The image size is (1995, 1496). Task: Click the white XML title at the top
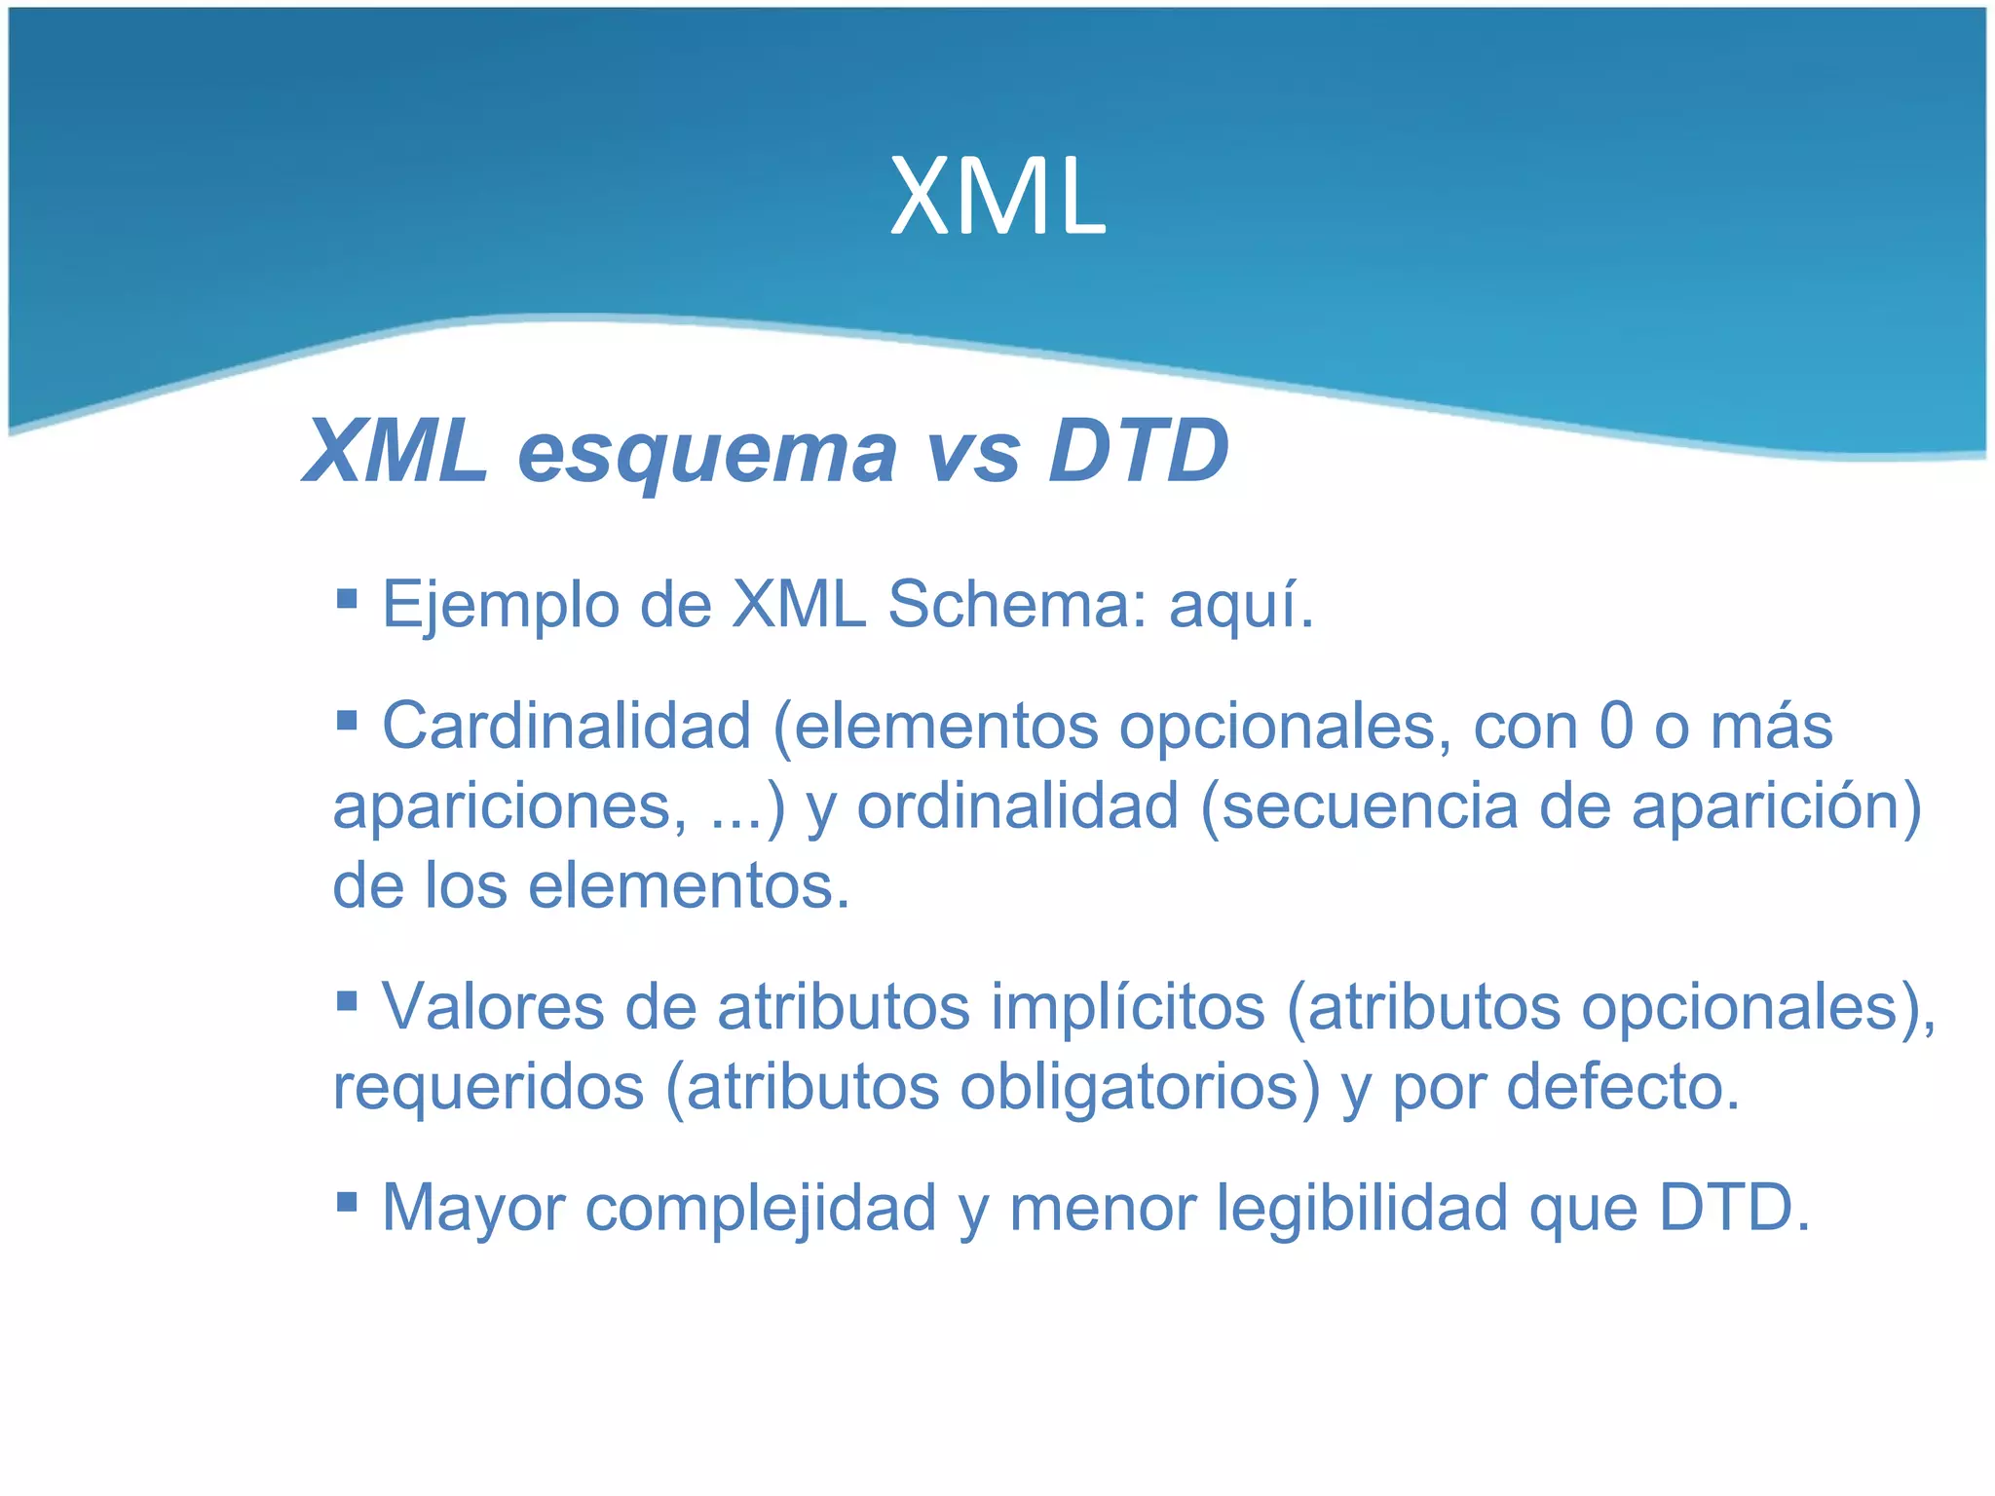coord(997,198)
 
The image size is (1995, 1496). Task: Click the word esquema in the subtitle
coord(706,452)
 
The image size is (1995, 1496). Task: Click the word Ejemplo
coord(500,606)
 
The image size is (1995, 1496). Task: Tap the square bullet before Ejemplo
coord(346,596)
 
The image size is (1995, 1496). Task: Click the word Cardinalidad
coord(566,726)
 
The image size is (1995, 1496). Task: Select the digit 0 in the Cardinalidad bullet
coord(1615,726)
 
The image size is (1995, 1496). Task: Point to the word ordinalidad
coord(1017,806)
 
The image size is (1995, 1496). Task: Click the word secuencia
coord(1369,806)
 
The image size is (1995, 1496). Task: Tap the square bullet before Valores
coord(346,1000)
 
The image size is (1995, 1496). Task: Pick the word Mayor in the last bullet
coord(472,1209)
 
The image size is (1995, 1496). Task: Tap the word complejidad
coord(761,1209)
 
